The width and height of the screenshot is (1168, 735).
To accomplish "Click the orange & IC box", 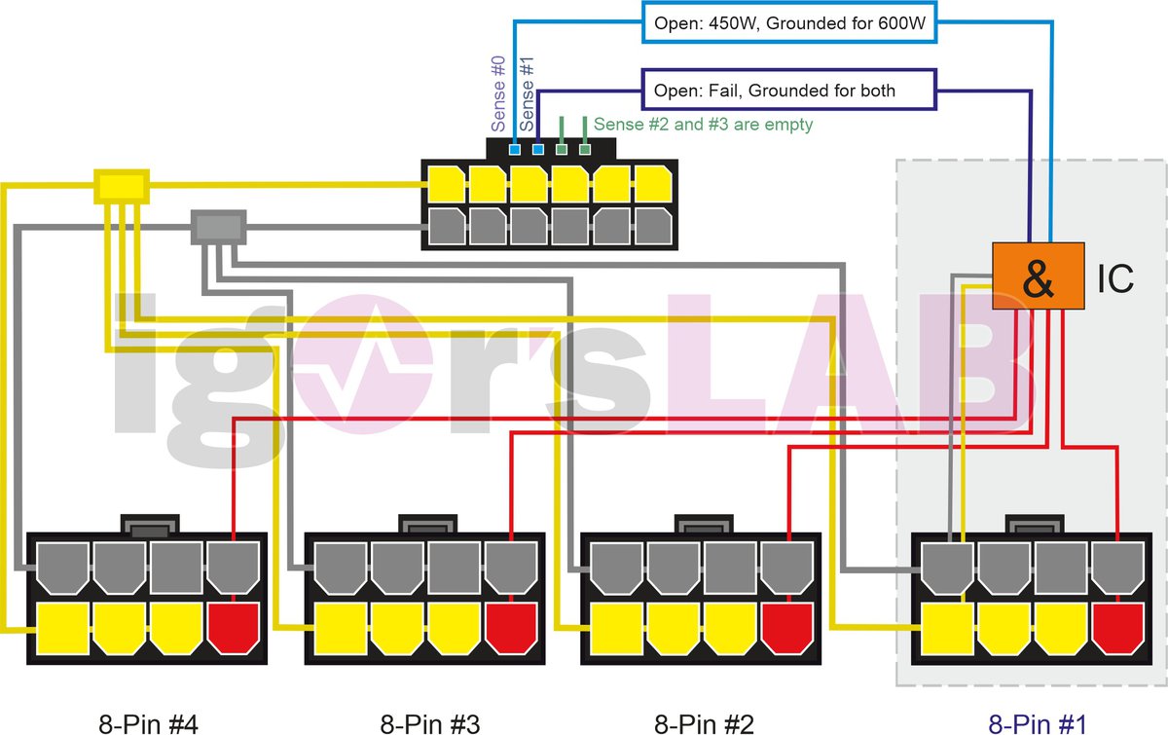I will tap(1038, 276).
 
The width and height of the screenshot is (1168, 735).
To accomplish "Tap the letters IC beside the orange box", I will tap(1114, 278).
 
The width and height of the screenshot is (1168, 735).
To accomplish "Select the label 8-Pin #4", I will tap(150, 723).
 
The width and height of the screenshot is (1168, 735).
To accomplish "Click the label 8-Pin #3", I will tap(430, 723).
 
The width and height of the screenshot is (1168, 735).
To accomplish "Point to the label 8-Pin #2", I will tap(704, 723).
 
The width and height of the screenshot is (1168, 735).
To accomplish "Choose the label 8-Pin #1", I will tap(1037, 723).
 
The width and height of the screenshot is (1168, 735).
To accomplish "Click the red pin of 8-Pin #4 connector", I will tap(234, 627).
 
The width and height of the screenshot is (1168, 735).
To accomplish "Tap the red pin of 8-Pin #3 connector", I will tap(511, 627).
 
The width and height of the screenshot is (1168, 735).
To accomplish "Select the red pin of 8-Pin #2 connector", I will tap(786, 627).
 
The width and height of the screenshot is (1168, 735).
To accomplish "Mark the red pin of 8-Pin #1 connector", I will tap(1116, 627).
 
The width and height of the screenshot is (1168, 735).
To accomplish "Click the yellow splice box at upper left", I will tap(122, 186).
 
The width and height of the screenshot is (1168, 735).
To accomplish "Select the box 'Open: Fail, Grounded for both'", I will tap(788, 91).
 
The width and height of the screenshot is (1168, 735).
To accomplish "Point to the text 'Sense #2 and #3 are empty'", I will tap(703, 124).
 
